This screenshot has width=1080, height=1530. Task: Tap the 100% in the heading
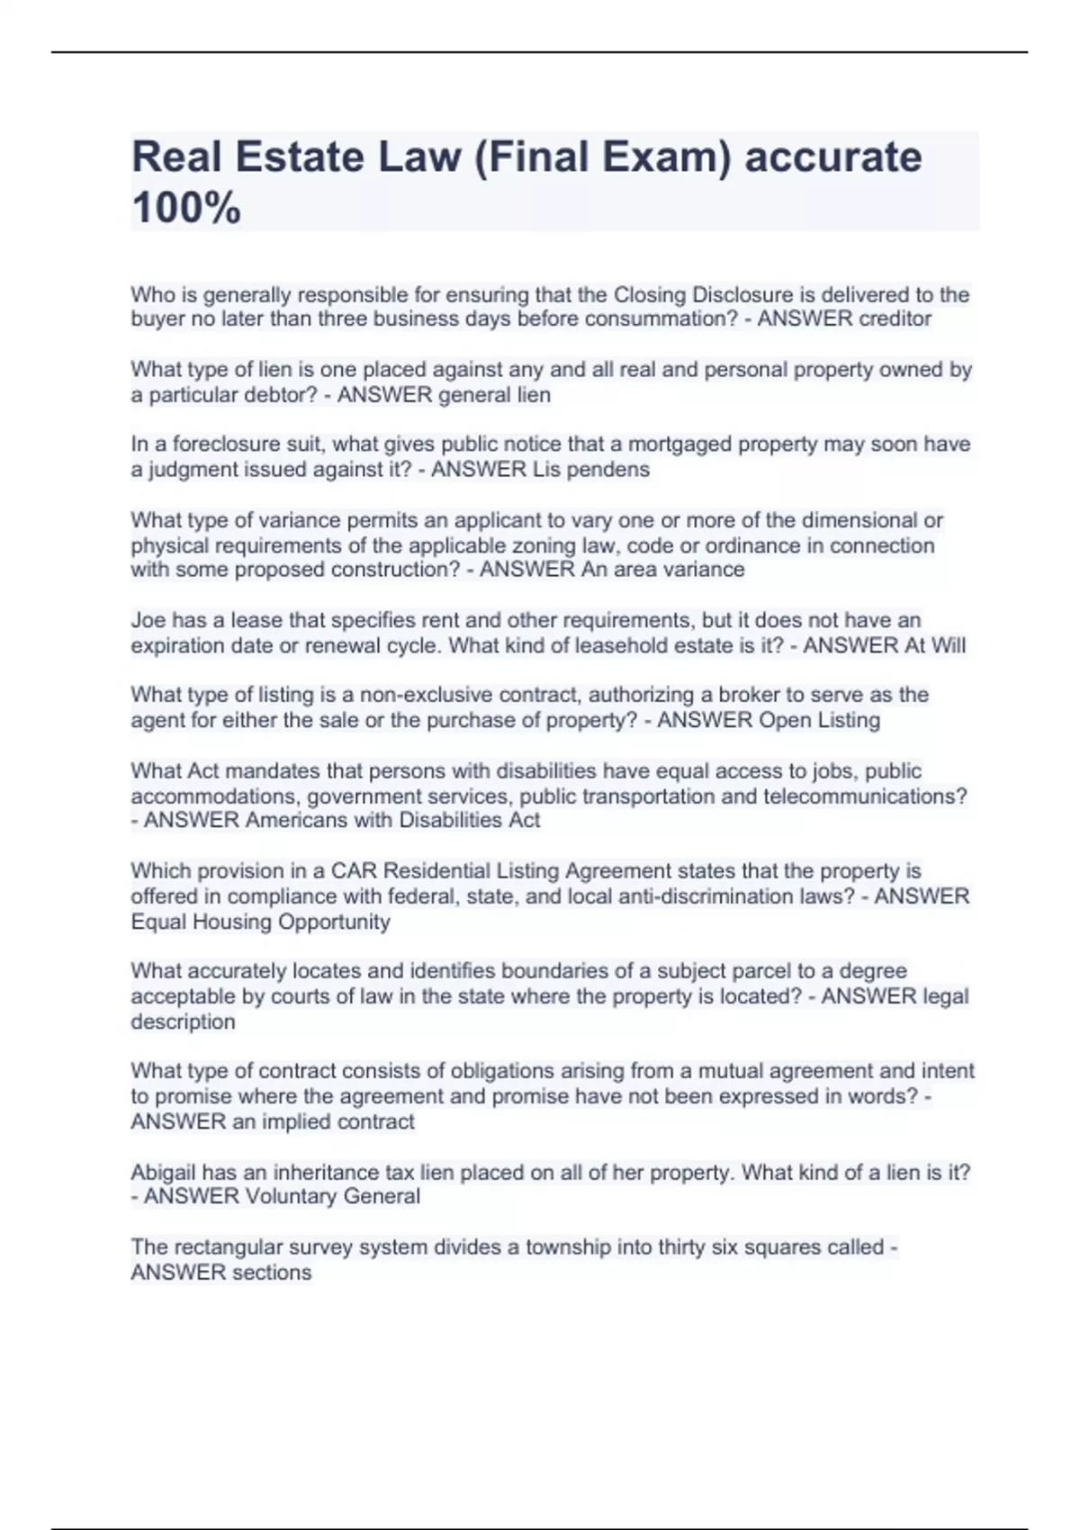186,208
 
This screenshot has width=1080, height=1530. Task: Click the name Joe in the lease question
148,620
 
